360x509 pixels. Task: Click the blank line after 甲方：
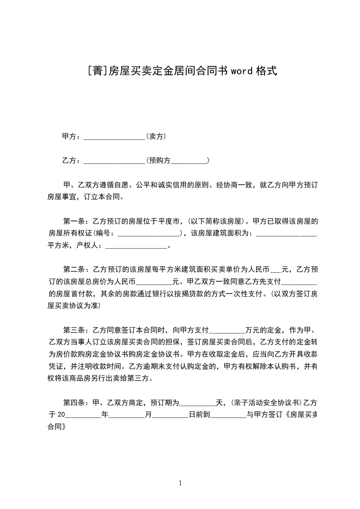pos(114,137)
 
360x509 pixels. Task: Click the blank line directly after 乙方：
pos(114,161)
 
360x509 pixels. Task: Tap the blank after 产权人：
pos(136,246)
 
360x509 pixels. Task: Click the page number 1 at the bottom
pos(180,483)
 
